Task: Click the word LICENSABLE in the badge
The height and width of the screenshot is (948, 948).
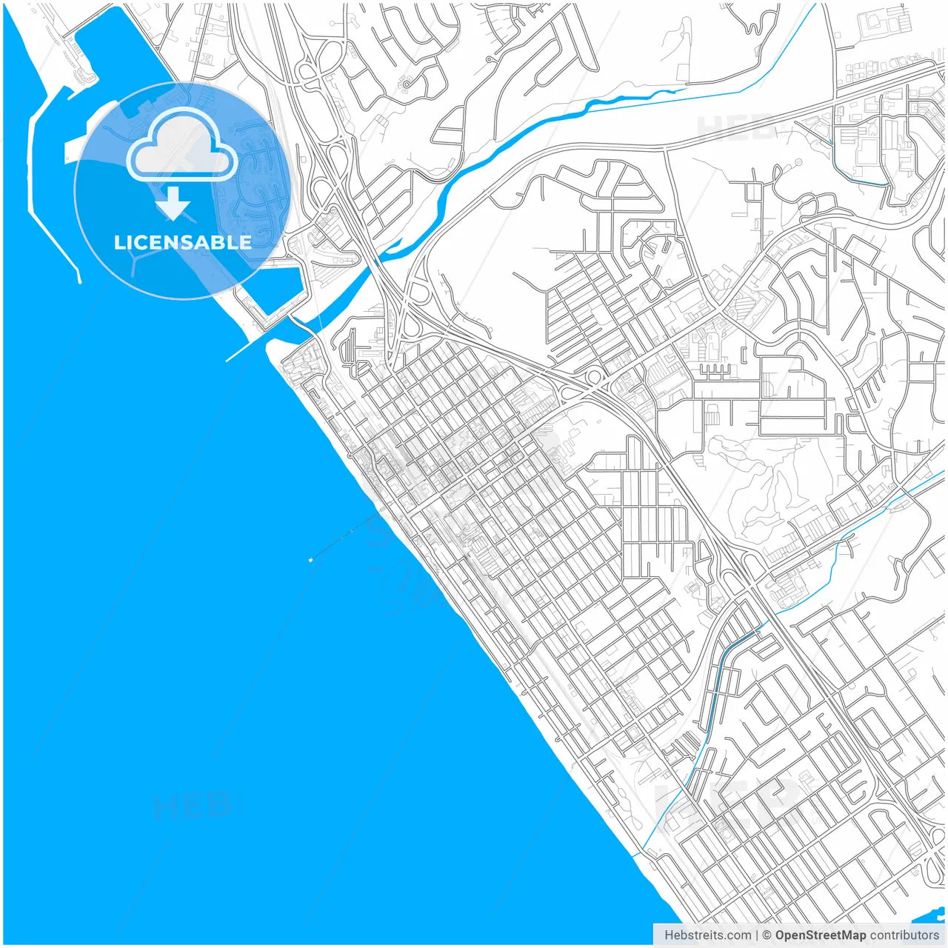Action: [x=182, y=242]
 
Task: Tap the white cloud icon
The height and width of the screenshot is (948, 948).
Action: [x=182, y=147]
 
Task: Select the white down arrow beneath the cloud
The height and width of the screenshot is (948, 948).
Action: [x=173, y=204]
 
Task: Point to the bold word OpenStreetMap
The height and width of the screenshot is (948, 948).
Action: [x=821, y=935]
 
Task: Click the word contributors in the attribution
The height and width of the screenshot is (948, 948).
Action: [x=904, y=935]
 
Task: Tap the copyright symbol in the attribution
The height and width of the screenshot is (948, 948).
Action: [x=767, y=935]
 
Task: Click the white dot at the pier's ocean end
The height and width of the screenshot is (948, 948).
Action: [x=310, y=560]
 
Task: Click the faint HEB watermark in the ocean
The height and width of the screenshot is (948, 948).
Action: [x=193, y=806]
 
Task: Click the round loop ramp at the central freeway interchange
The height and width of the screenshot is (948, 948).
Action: [x=592, y=378]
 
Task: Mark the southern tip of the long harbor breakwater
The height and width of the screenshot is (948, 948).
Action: [x=79, y=281]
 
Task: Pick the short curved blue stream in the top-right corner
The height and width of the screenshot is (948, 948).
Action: [x=859, y=174]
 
